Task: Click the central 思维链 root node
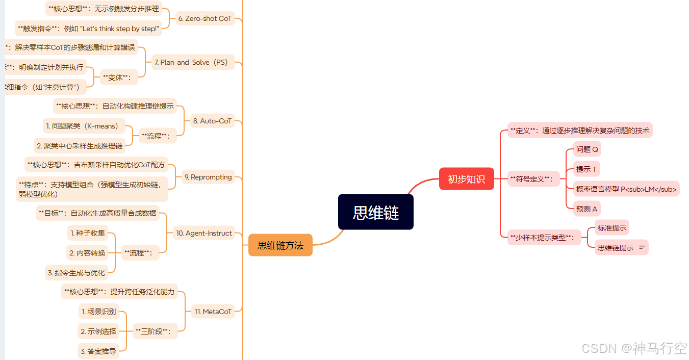[x=375, y=212]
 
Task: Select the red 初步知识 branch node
[x=466, y=179]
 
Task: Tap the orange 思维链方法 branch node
[x=280, y=245]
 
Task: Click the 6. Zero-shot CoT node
[x=205, y=18]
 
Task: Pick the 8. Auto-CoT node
[x=212, y=121]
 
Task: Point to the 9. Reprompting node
[x=208, y=177]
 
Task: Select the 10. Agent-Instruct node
[x=203, y=233]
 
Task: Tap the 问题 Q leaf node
[x=587, y=149]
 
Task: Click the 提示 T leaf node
[x=586, y=169]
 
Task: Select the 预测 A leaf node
[x=586, y=209]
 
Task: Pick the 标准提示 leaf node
[x=611, y=228]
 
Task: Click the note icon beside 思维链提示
[x=642, y=247]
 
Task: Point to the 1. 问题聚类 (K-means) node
[x=82, y=126]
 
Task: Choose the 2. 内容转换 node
[x=87, y=253]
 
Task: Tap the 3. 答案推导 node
[x=98, y=351]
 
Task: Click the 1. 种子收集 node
[x=88, y=233]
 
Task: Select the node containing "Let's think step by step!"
[x=88, y=29]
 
